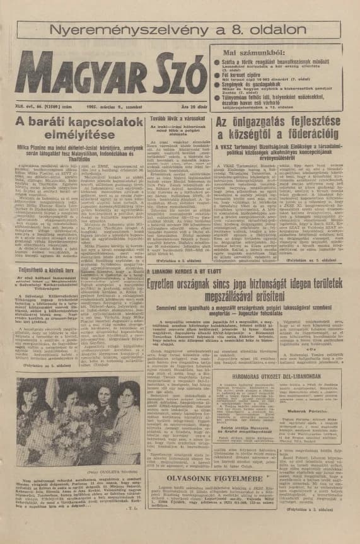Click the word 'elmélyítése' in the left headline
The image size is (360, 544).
(70, 134)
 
